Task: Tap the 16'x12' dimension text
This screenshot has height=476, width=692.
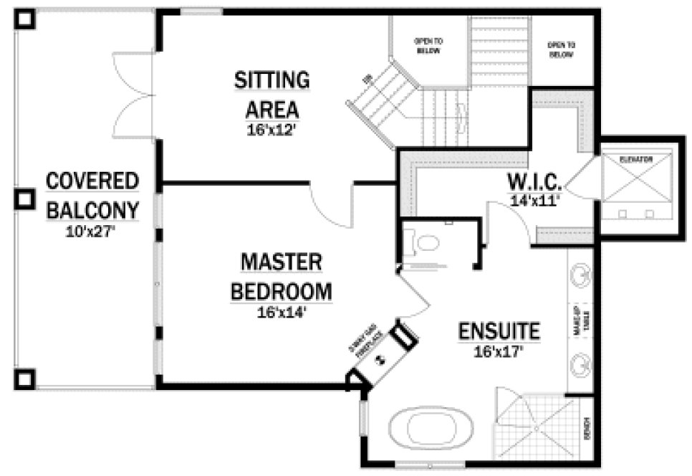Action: (271, 130)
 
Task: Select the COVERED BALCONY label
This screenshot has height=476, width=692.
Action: (92, 195)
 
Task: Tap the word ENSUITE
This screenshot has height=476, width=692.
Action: (499, 331)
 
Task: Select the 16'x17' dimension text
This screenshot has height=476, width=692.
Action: (499, 351)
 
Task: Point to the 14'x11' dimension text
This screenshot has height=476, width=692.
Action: (534, 201)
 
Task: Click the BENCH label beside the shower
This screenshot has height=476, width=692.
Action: (586, 428)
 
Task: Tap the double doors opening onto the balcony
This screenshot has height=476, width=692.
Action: (135, 93)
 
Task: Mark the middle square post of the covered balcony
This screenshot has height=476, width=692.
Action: (25, 199)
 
